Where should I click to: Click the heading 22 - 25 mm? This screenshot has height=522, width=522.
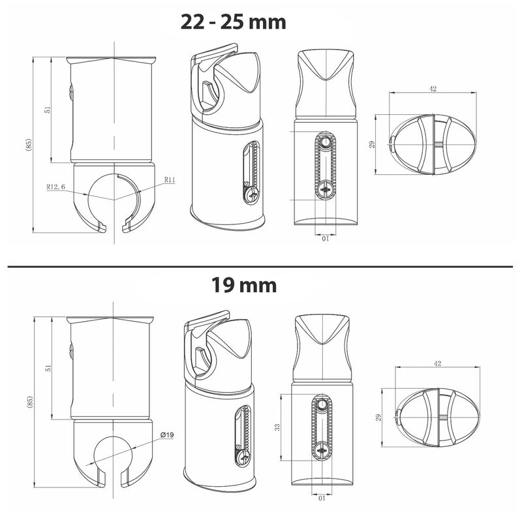click(x=233, y=22)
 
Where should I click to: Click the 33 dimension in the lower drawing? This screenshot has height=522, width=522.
click(x=277, y=427)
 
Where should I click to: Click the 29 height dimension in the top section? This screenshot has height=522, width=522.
click(x=373, y=145)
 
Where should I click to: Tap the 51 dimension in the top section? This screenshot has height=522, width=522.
click(x=46, y=111)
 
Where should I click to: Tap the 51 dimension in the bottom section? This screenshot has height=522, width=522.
click(x=46, y=369)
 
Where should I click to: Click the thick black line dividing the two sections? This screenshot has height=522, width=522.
click(x=261, y=266)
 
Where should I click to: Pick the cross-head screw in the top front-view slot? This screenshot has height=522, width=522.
click(x=325, y=190)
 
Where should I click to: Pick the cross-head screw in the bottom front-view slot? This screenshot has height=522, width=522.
click(x=324, y=450)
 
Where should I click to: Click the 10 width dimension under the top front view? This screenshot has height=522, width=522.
click(x=324, y=238)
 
